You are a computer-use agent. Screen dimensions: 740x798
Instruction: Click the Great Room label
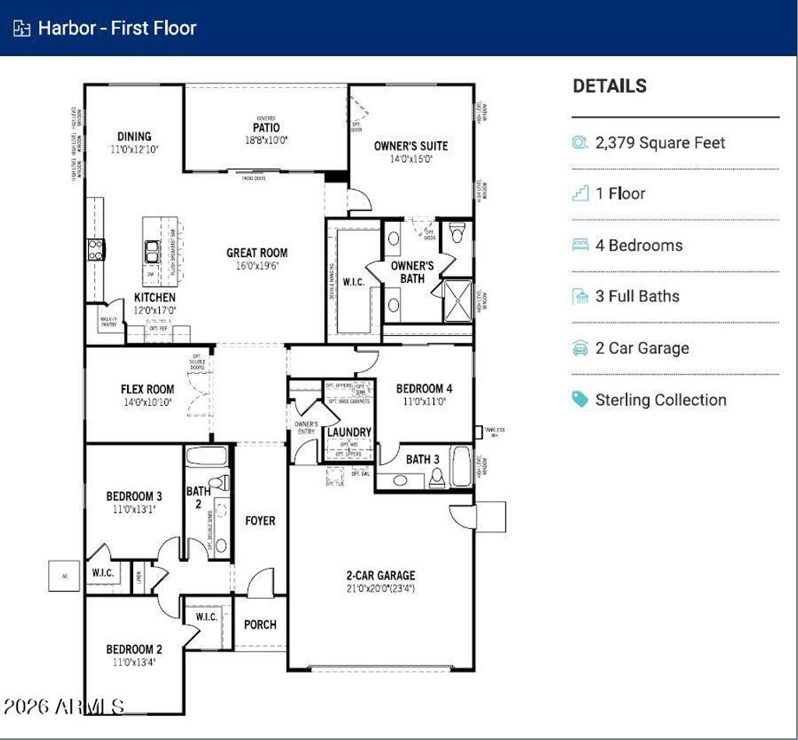pyautogui.click(x=256, y=252)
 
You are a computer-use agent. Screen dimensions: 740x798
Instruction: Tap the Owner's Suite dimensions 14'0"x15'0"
pyautogui.click(x=411, y=159)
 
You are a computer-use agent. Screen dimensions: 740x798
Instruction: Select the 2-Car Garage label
pyautogui.click(x=380, y=576)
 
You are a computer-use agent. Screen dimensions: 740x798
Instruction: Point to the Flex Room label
pyautogui.click(x=147, y=389)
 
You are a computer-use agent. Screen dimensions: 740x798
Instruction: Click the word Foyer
pyautogui.click(x=260, y=520)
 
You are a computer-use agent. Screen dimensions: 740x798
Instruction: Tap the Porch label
pyautogui.click(x=260, y=624)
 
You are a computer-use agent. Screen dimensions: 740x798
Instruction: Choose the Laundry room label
pyautogui.click(x=349, y=432)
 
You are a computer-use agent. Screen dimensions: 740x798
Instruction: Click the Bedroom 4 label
pyautogui.click(x=424, y=389)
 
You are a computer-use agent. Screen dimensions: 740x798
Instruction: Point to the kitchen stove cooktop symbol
pyautogui.click(x=95, y=249)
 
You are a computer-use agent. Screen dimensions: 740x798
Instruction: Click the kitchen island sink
pyautogui.click(x=152, y=250)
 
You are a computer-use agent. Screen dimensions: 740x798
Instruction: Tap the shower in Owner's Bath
pyautogui.click(x=457, y=300)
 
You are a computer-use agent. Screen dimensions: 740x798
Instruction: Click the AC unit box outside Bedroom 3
pyautogui.click(x=64, y=576)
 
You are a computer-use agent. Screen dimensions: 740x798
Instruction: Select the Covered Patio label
pyautogui.click(x=266, y=127)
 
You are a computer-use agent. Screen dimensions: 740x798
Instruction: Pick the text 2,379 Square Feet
pyautogui.click(x=660, y=143)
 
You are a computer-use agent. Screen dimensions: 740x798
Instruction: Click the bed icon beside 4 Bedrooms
pyautogui.click(x=580, y=245)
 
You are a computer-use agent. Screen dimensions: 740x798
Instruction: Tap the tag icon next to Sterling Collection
pyautogui.click(x=580, y=400)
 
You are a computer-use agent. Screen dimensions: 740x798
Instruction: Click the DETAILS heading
pyautogui.click(x=609, y=86)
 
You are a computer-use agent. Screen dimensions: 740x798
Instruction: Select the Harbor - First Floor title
pyautogui.click(x=117, y=28)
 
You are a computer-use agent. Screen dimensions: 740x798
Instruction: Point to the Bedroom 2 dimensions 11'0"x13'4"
pyautogui.click(x=134, y=663)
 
